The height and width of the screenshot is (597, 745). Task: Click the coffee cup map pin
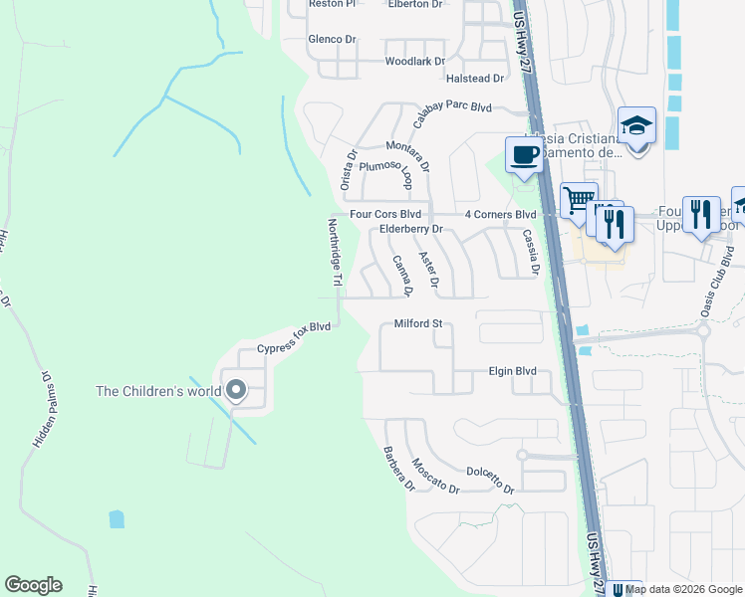[x=525, y=155]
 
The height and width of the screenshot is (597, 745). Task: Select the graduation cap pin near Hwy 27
[x=636, y=126]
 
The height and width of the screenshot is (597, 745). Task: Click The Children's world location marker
[x=236, y=390]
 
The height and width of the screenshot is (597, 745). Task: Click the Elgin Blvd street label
[x=512, y=371]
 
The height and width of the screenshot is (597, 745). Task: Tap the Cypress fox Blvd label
[x=293, y=338]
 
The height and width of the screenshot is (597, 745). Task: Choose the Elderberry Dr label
[x=410, y=230]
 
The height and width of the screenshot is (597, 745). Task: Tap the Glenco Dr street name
[x=332, y=39]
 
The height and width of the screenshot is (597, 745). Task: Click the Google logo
[x=33, y=585]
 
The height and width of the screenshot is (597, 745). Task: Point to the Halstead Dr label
[x=475, y=78]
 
